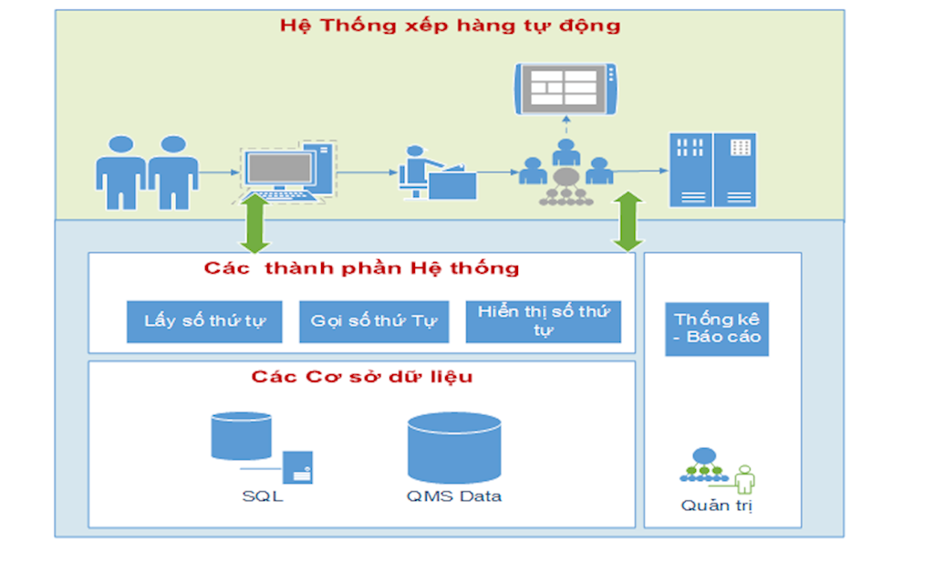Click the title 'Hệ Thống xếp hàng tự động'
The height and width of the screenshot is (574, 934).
pyautogui.click(x=450, y=25)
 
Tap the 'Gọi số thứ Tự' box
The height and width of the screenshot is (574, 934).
pyautogui.click(x=374, y=321)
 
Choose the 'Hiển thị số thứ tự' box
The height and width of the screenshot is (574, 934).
pyautogui.click(x=544, y=321)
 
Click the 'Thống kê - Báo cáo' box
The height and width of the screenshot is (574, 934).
pyautogui.click(x=717, y=329)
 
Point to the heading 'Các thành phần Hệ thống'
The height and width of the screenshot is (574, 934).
pyautogui.click(x=361, y=268)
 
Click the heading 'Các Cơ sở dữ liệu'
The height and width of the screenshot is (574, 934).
pyautogui.click(x=361, y=376)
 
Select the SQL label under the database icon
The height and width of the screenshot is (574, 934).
pyautogui.click(x=263, y=496)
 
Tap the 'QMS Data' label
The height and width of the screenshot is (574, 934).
pyautogui.click(x=454, y=496)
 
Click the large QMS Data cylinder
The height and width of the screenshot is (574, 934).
pyautogui.click(x=454, y=447)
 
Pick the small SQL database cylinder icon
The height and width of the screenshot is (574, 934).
pyautogui.click(x=241, y=436)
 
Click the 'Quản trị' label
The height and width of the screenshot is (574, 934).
pyautogui.click(x=717, y=506)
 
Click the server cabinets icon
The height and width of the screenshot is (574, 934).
pyautogui.click(x=712, y=170)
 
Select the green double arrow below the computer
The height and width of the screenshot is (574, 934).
pyautogui.click(x=256, y=224)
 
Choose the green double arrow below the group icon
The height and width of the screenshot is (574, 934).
pyautogui.click(x=628, y=221)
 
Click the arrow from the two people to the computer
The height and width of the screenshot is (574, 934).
pyautogui.click(x=216, y=172)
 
